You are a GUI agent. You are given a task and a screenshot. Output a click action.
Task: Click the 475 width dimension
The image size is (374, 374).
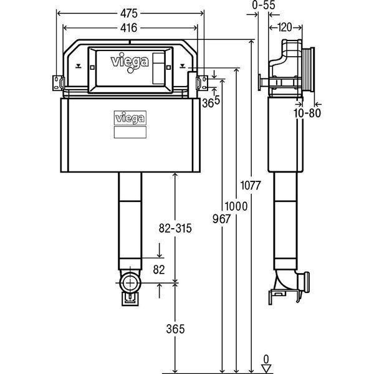[129, 13]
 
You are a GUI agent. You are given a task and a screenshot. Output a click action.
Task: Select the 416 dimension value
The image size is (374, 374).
[129, 28]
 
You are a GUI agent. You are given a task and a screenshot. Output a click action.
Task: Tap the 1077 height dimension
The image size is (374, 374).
[250, 185]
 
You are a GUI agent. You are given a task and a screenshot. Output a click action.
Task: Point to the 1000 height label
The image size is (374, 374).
[236, 206]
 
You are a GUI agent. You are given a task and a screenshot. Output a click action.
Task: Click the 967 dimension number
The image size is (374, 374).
[221, 219]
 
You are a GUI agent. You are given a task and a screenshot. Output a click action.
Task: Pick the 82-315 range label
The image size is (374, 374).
[175, 228]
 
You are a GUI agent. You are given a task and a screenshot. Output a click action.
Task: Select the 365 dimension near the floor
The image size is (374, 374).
[175, 329]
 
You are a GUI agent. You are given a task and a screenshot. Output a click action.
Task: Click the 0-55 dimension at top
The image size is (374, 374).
[264, 5]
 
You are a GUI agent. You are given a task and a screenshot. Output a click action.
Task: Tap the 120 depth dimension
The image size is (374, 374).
[285, 27]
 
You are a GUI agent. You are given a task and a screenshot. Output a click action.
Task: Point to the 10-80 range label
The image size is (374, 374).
[307, 113]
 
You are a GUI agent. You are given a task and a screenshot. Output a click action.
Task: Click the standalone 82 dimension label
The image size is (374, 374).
[159, 270]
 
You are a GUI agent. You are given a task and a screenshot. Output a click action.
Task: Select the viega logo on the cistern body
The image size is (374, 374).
[130, 118]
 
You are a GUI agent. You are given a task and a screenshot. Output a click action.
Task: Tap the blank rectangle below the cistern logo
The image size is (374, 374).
[130, 132]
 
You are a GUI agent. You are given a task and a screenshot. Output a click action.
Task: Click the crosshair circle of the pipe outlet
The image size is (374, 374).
[130, 283]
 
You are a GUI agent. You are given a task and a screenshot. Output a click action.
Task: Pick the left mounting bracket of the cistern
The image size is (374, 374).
[58, 83]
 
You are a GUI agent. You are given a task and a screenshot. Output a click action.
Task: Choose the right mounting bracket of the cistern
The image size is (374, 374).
[202, 83]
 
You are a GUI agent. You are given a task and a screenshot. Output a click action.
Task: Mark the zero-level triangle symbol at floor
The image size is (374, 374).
[266, 368]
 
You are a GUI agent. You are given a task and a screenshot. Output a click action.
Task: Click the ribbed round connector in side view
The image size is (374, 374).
[309, 70]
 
